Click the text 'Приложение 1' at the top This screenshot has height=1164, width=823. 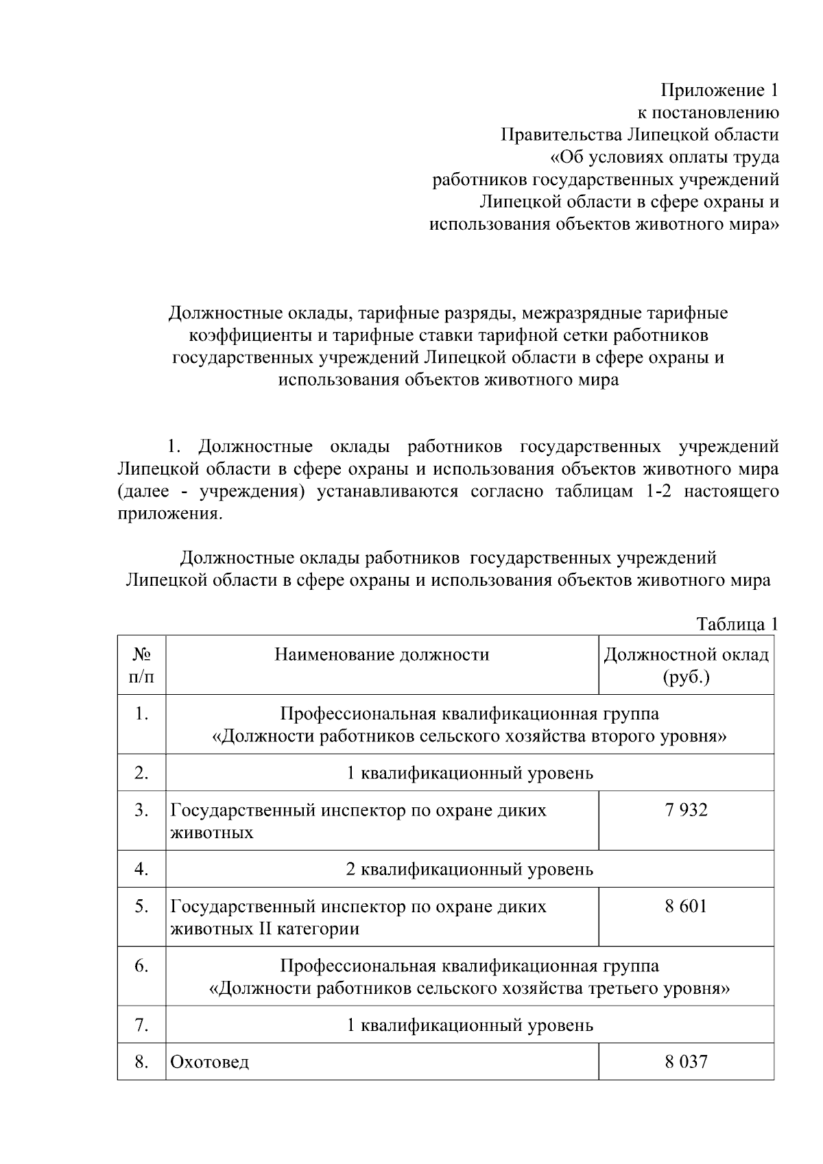[x=719, y=90]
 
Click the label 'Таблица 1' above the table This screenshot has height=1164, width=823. [x=737, y=623]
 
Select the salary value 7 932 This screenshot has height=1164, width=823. [x=686, y=810]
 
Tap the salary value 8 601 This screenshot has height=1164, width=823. [x=686, y=906]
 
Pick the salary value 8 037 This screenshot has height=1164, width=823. [x=686, y=1062]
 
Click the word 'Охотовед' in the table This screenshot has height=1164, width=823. [x=210, y=1062]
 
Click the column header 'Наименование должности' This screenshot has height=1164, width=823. [x=382, y=654]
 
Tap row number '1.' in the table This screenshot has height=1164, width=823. [x=141, y=714]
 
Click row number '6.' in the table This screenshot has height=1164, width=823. [x=141, y=966]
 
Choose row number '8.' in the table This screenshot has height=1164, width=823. [x=141, y=1062]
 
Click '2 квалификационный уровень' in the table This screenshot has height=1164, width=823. [x=470, y=870]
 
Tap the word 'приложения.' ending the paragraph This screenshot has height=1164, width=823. [x=169, y=514]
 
